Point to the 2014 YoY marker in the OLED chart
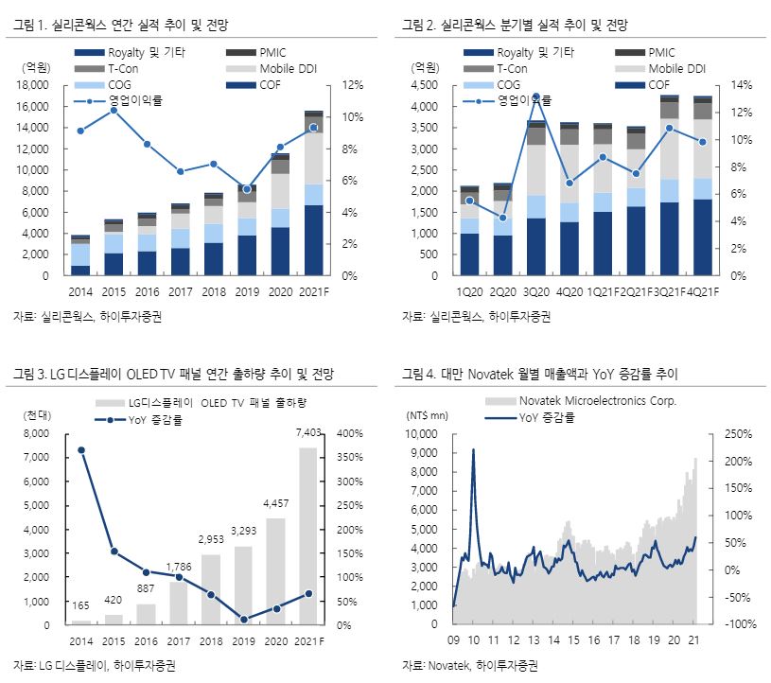[80, 450]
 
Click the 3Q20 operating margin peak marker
[535, 97]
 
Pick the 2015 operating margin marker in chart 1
[114, 111]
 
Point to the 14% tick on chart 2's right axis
[741, 85]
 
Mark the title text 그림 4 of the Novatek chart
[419, 374]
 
